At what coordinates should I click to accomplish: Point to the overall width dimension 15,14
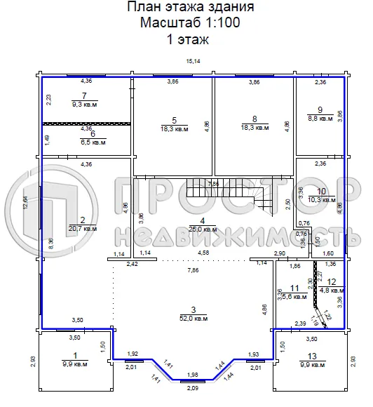[x=192, y=62]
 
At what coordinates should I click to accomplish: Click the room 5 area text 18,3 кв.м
[x=174, y=129]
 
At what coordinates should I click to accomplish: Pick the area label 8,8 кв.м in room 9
[x=320, y=119]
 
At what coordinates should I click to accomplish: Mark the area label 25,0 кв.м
[x=192, y=229]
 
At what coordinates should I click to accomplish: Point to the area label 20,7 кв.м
[x=82, y=229]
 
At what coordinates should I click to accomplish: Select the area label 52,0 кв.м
[x=192, y=318]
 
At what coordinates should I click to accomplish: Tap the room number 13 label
[x=313, y=356]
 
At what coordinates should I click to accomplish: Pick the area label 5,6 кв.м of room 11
[x=296, y=296]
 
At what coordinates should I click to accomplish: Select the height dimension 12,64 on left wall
[x=25, y=202]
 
